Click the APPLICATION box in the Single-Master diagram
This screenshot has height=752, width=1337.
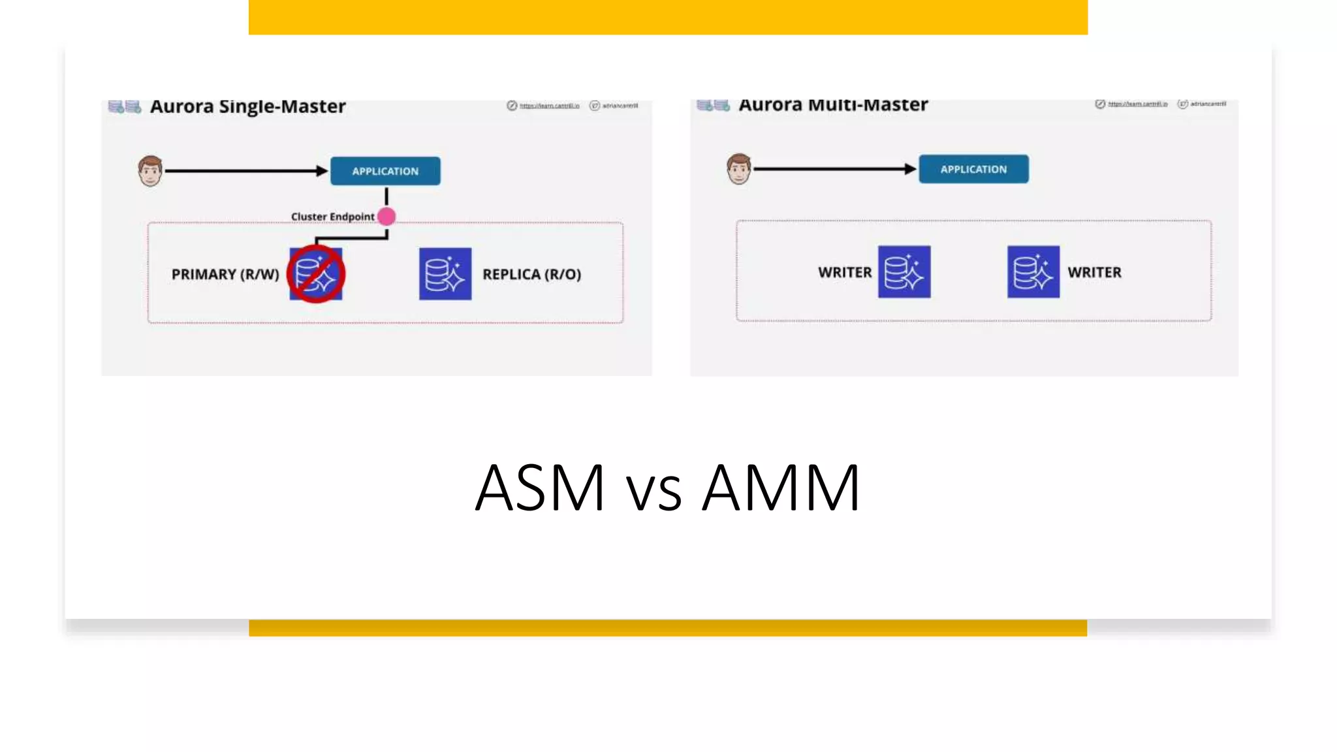385,171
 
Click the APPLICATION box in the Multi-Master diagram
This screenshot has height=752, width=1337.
973,169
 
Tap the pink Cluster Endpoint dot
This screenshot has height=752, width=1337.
386,216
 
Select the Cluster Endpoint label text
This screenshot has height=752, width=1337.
332,217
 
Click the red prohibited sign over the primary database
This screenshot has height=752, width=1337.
316,274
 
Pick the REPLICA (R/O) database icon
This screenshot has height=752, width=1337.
445,274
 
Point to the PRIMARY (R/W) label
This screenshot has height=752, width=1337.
225,274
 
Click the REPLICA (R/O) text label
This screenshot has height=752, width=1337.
531,274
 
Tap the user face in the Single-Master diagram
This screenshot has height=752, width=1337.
150,171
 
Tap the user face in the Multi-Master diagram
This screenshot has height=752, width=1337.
739,169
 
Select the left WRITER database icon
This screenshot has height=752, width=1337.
904,272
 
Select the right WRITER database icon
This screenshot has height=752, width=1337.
1033,272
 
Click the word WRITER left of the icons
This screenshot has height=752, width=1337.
845,272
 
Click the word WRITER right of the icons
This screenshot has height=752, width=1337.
1094,272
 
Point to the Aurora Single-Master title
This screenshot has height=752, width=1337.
248,106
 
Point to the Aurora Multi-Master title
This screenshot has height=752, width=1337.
833,104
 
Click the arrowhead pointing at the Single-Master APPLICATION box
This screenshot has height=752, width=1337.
321,171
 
